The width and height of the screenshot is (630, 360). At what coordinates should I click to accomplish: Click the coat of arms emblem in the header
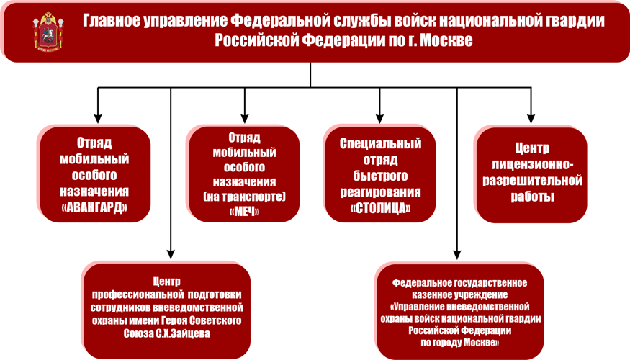pos(48,31)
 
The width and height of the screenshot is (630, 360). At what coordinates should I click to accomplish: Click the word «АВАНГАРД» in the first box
pos(94,207)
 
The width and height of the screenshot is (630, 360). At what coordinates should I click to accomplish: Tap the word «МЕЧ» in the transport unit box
pos(244,212)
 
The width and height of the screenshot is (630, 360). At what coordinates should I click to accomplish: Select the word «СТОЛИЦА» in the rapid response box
pos(380,208)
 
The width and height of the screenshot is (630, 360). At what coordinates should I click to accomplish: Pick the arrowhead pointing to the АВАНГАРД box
pos(98,119)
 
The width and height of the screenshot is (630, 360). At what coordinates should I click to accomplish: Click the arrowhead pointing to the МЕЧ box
pos(245,119)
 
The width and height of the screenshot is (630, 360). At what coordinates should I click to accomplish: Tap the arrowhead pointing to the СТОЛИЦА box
pos(379,119)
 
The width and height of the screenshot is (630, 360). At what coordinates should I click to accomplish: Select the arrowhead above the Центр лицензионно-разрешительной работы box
pos(531,119)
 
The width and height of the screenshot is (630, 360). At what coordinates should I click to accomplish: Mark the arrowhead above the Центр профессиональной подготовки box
pos(171,254)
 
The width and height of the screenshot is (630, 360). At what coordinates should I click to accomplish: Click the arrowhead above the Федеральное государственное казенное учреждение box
pos(456,254)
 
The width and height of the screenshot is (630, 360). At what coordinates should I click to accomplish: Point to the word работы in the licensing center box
pos(532,197)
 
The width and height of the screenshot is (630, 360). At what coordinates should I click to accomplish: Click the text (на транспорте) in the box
pos(244,197)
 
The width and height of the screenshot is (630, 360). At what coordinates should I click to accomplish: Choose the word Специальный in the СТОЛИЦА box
pos(380,143)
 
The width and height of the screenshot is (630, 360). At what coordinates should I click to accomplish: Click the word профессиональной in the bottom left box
pos(138,295)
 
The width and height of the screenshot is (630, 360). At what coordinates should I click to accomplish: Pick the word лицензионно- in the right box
pos(532,164)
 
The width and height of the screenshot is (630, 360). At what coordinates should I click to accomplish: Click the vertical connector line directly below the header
pos(310,75)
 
